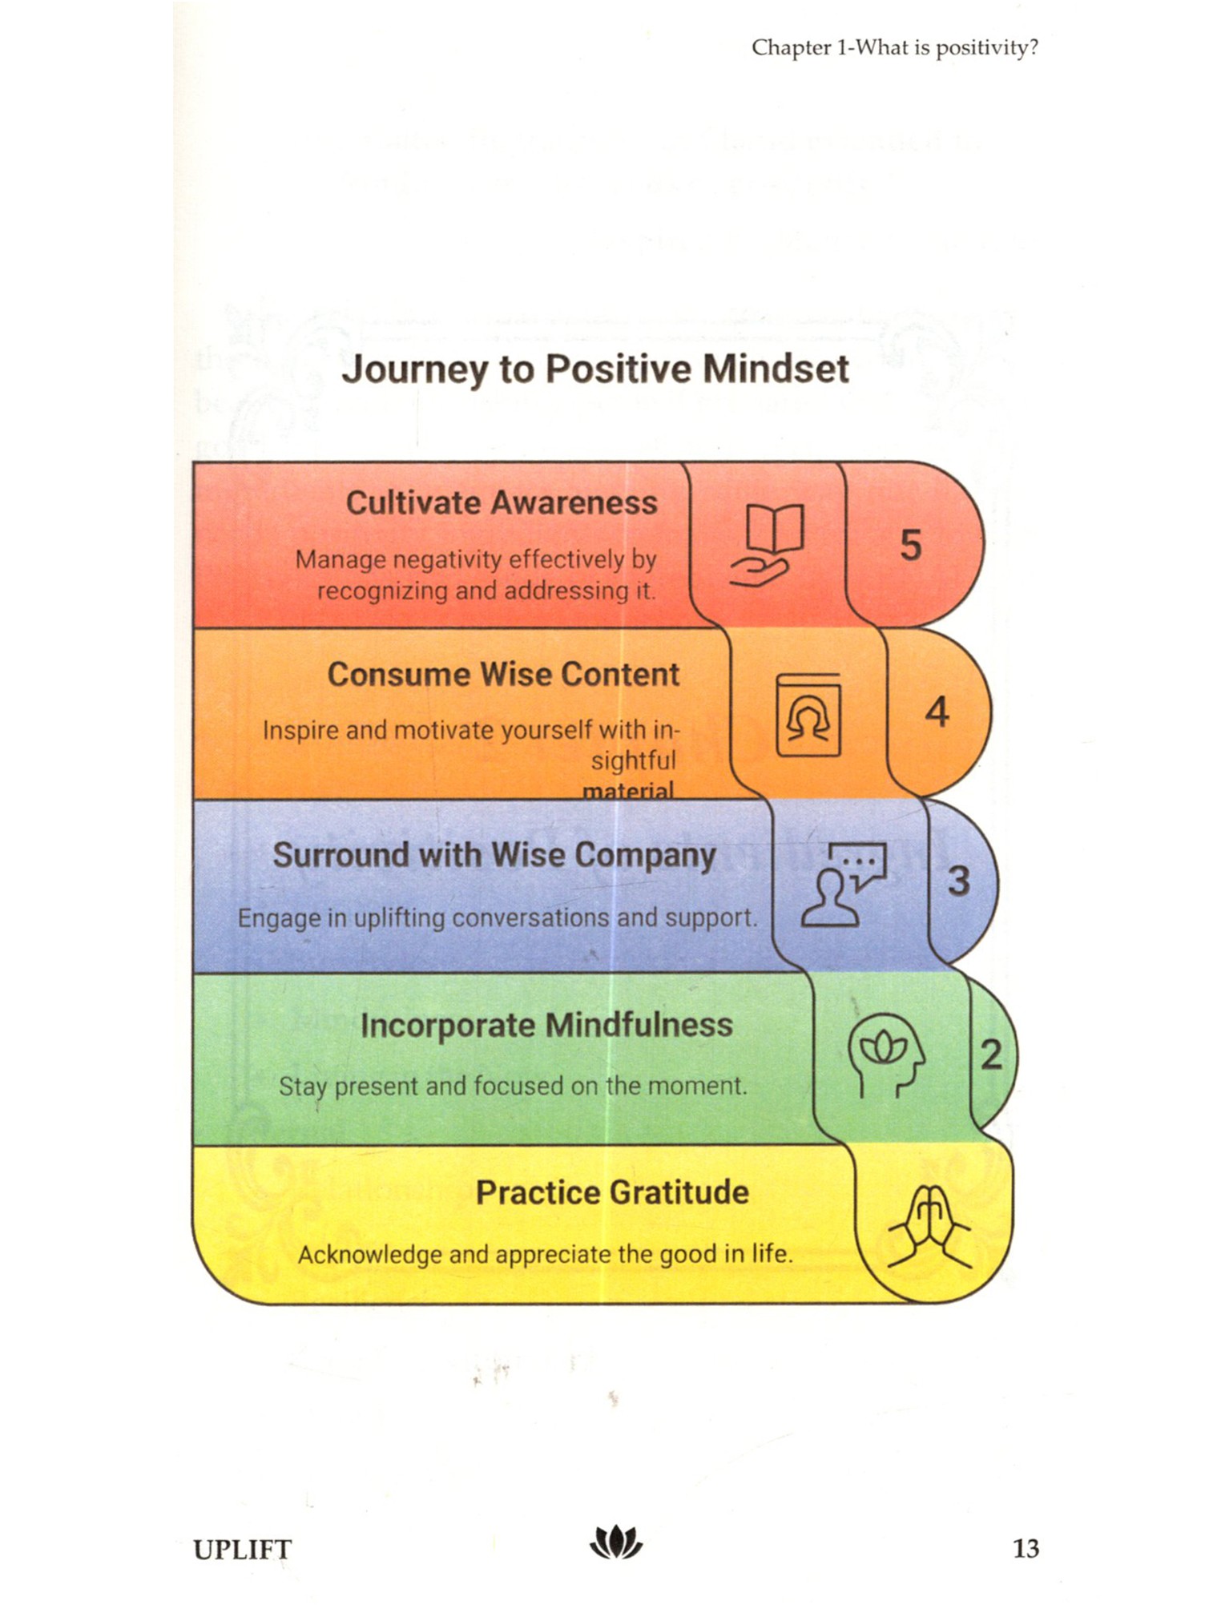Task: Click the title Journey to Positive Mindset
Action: click(x=594, y=370)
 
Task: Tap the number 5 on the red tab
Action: click(x=911, y=546)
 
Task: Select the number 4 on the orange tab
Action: click(x=937, y=712)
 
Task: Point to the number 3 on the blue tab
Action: click(x=959, y=881)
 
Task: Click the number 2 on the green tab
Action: click(x=991, y=1055)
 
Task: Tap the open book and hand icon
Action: click(x=767, y=545)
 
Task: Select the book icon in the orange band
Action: click(x=808, y=715)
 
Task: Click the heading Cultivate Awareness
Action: click(x=502, y=503)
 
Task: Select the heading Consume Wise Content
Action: click(x=503, y=675)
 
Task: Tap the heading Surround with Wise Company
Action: click(x=494, y=855)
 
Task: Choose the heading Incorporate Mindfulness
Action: click(x=546, y=1026)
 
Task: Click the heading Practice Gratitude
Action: click(x=612, y=1193)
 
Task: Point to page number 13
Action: click(x=1026, y=1548)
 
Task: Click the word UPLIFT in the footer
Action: click(x=242, y=1550)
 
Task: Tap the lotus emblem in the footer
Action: click(x=615, y=1542)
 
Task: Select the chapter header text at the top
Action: click(x=894, y=48)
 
